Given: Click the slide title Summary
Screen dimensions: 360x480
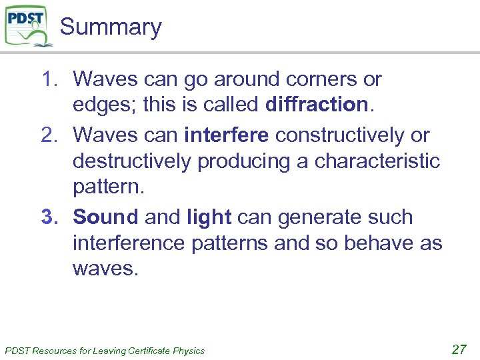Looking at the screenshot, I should click(111, 27).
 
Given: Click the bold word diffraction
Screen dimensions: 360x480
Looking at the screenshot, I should click(317, 105).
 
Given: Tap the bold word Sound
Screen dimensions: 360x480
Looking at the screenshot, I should click(105, 217).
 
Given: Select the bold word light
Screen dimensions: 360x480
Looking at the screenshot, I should click(209, 217).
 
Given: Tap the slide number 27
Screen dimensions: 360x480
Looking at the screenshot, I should click(459, 349).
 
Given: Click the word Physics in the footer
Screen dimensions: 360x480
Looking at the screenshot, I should click(189, 351).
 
